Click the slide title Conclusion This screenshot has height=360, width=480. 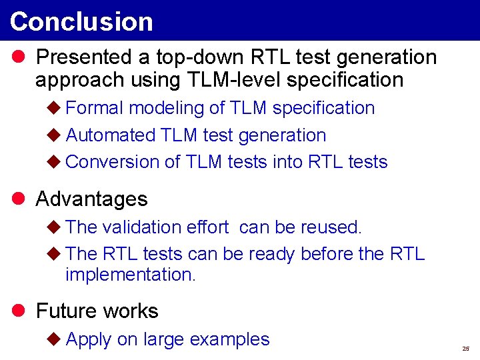pos(81,21)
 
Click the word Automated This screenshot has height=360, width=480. pos(111,135)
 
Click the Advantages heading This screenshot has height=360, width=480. pos(91,199)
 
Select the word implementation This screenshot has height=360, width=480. pos(131,274)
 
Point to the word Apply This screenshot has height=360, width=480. pos(89,340)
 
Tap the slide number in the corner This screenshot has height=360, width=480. pos(465,349)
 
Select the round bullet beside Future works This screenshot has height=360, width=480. pos(18,311)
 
